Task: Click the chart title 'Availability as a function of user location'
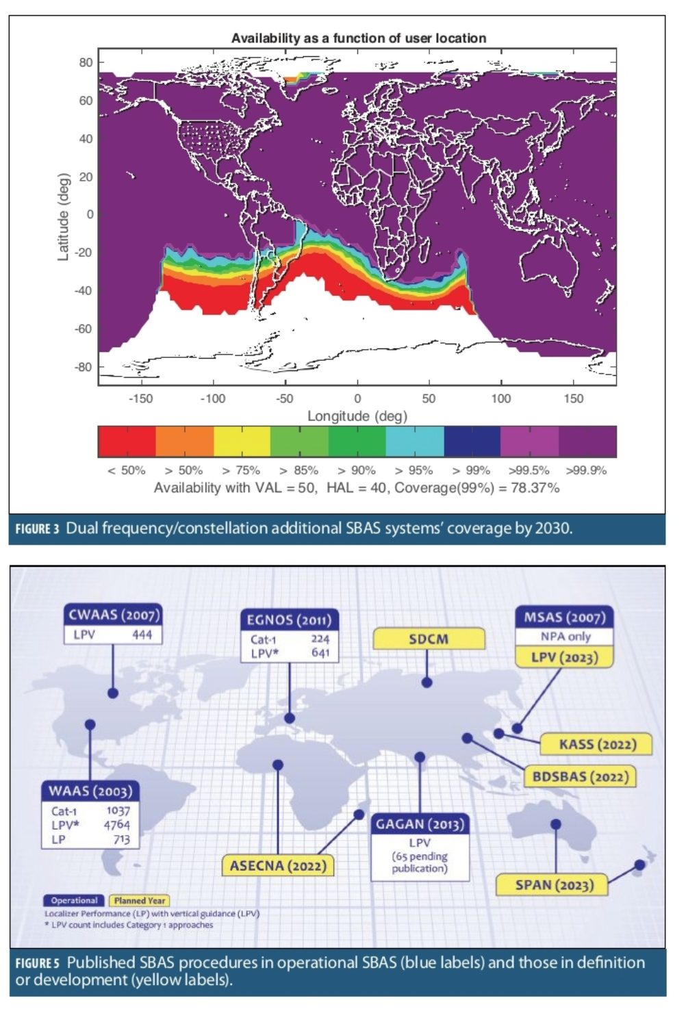pyautogui.click(x=358, y=38)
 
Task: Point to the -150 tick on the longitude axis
pyautogui.click(x=141, y=398)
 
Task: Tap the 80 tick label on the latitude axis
pyautogui.click(x=86, y=62)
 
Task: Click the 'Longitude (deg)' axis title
pyautogui.click(x=357, y=416)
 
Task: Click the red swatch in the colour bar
pyautogui.click(x=127, y=441)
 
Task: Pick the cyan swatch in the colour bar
pyautogui.click(x=415, y=441)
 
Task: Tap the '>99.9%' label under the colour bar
pyautogui.click(x=586, y=470)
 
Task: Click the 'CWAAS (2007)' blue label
pyautogui.click(x=114, y=614)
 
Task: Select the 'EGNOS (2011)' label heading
pyautogui.click(x=289, y=620)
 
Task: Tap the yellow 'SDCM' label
pyautogui.click(x=429, y=639)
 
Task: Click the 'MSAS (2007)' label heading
pyautogui.click(x=564, y=617)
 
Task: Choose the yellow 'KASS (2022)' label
pyautogui.click(x=597, y=744)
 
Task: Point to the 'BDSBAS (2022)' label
pyautogui.click(x=580, y=777)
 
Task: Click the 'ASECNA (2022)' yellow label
pyautogui.click(x=278, y=865)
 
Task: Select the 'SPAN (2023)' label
pyautogui.click(x=553, y=885)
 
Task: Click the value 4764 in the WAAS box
pyautogui.click(x=116, y=825)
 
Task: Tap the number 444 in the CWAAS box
pyautogui.click(x=142, y=635)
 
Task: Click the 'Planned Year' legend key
pyautogui.click(x=140, y=900)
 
